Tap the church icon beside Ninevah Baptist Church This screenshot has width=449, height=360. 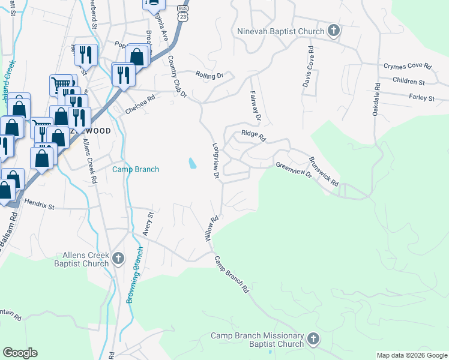click(334, 31)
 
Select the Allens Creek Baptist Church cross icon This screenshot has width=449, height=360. click(118, 259)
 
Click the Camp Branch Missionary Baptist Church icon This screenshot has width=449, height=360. click(312, 340)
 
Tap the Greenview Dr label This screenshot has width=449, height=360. click(294, 169)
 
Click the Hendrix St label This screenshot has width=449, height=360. click(40, 206)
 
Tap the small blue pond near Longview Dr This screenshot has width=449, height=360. click(191, 163)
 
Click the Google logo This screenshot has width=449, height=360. click(20, 353)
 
